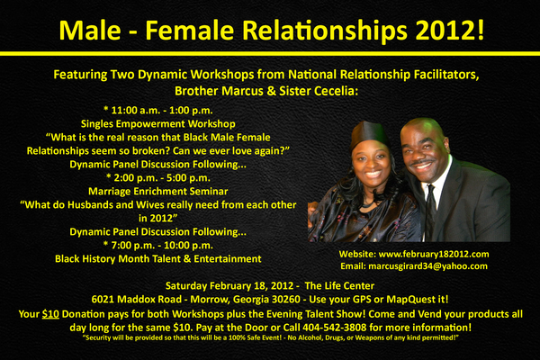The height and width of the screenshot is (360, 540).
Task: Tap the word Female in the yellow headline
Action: [x=189, y=30]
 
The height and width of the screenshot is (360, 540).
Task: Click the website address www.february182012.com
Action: [x=434, y=254]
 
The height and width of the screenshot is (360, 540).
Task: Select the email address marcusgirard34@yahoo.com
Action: [x=427, y=266]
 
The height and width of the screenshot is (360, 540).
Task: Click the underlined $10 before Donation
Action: [x=50, y=314]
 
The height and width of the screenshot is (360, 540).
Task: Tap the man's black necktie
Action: [x=430, y=210]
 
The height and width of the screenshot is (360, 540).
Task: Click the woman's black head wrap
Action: [x=369, y=134]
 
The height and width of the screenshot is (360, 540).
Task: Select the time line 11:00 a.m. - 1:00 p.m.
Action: [x=158, y=111]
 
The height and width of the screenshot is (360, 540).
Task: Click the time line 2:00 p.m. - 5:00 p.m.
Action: [x=158, y=178]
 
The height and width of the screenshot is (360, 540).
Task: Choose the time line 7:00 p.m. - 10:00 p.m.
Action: [x=158, y=246]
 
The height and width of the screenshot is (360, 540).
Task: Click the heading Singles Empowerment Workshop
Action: [x=158, y=123]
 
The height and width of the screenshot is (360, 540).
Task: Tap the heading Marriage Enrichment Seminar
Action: [x=158, y=191]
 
